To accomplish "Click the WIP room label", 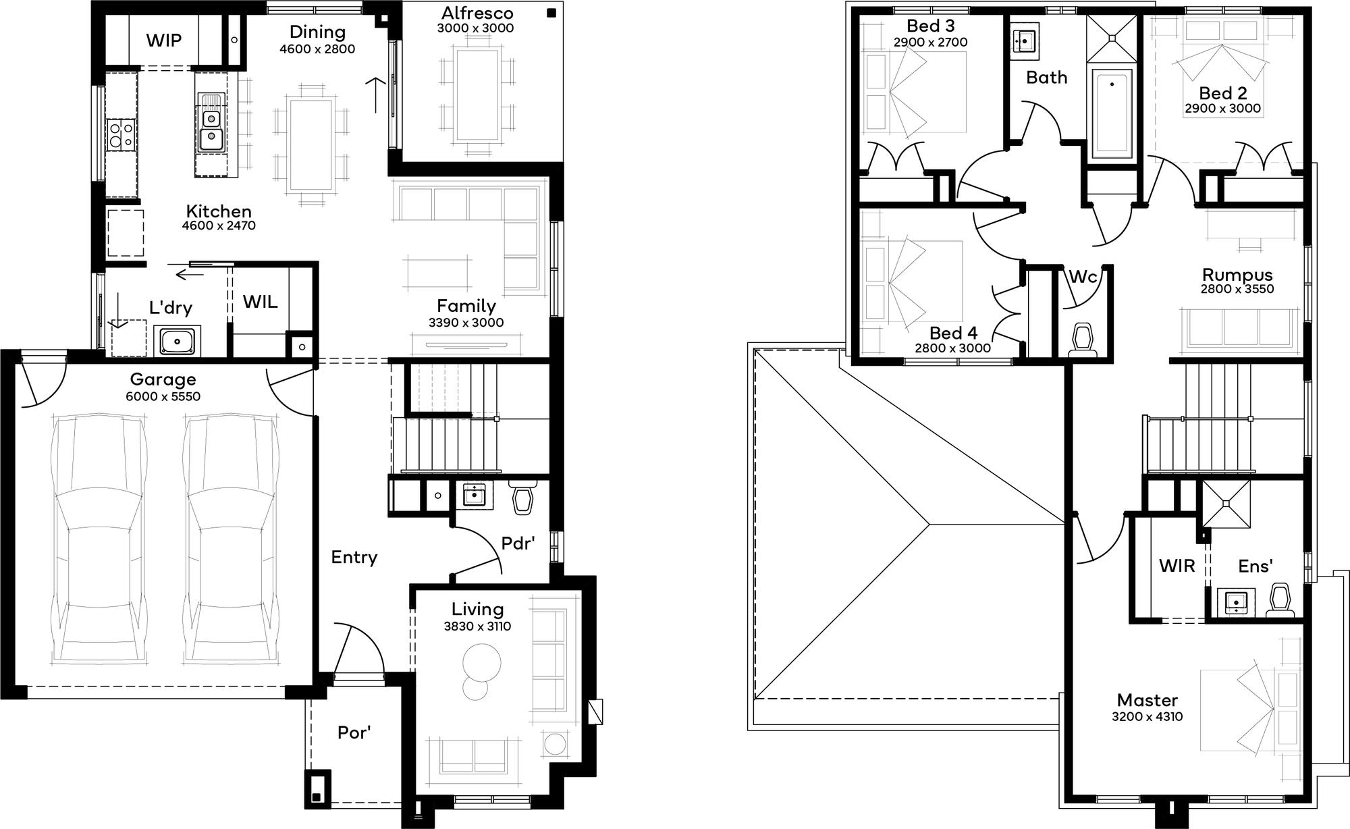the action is point(164,41).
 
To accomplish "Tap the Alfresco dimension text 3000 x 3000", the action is point(475,28).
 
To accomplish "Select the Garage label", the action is point(163,379).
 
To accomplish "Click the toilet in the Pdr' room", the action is point(522,497).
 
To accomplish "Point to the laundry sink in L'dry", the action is point(178,340).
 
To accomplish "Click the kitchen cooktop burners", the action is point(121,133).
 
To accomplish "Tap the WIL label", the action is point(260,301).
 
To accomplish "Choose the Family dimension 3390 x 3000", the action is point(466,323).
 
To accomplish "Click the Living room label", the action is point(477,609).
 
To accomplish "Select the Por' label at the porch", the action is point(354,732).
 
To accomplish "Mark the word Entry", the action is point(354,558).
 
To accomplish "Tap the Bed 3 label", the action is point(930,26).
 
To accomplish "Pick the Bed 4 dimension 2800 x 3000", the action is point(952,348).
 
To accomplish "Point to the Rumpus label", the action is point(1237,275).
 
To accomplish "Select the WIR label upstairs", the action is point(1177,566).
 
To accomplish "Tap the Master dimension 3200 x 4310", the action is point(1147,717).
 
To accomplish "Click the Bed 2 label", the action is point(1223,93).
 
